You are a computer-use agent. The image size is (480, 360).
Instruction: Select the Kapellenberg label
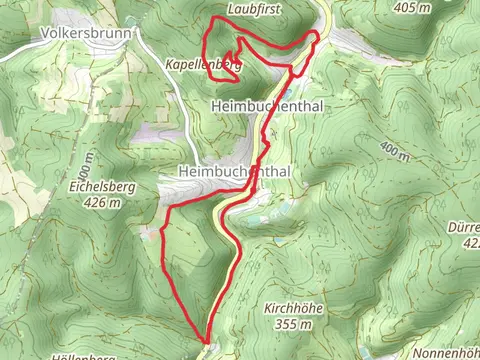coord(203,63)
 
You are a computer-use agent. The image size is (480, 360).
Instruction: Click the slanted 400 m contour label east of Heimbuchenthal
coord(396,153)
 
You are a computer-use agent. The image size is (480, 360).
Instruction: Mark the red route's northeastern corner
coord(317,35)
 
